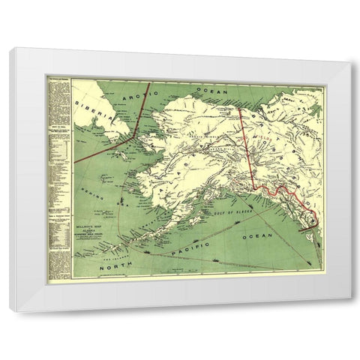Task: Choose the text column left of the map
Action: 59,176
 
